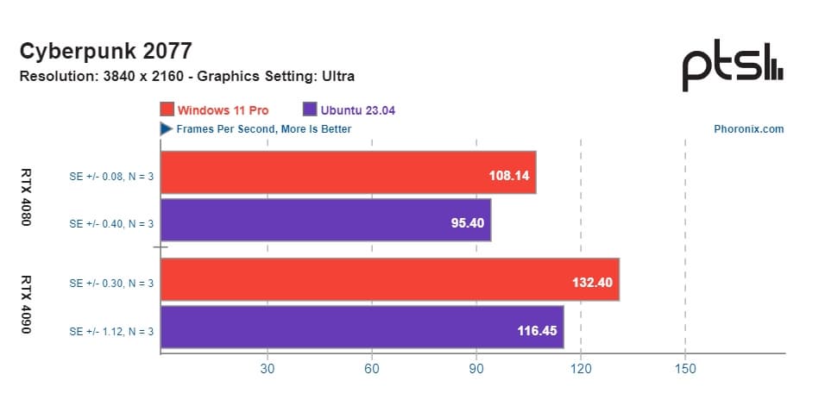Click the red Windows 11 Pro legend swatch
(167, 109)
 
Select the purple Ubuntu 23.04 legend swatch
(310, 109)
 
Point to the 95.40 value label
(466, 225)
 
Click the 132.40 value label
(594, 284)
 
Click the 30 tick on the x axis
(268, 369)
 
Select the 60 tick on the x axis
(372, 369)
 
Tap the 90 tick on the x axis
(476, 369)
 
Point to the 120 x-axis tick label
(581, 369)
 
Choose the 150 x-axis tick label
(685, 369)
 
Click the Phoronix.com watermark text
(748, 129)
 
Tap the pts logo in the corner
(733, 69)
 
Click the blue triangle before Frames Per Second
(166, 129)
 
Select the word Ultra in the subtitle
(337, 76)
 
